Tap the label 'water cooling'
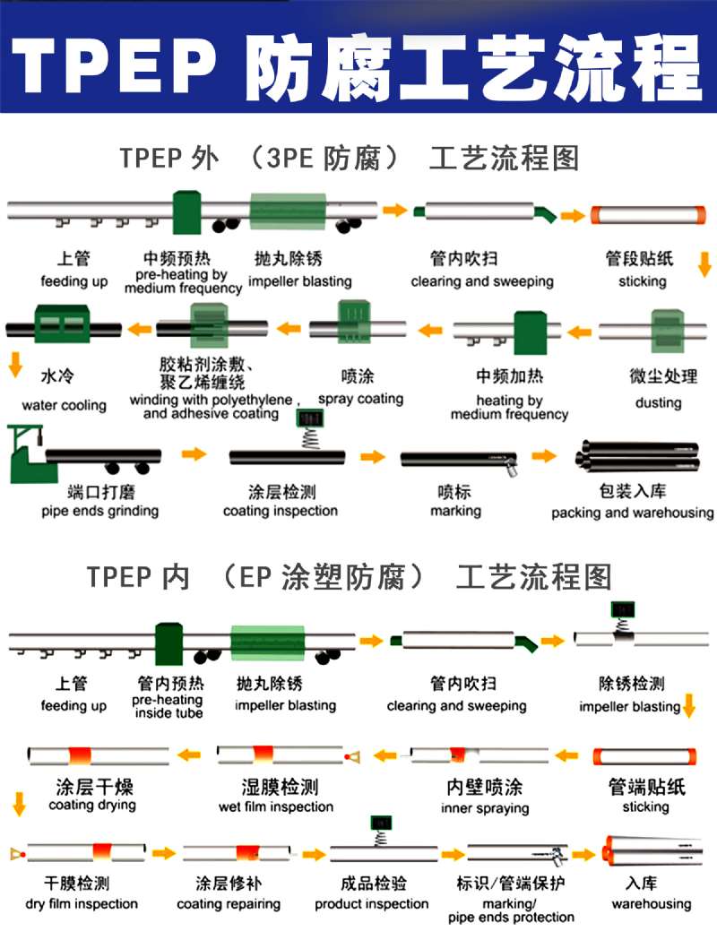tap(64, 405)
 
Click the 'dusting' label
tap(658, 402)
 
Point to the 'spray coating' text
tap(360, 399)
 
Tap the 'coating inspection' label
tap(281, 511)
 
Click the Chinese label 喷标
tap(454, 491)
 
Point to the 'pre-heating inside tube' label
tap(168, 706)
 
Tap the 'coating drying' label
tap(92, 805)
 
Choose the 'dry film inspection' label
tap(82, 904)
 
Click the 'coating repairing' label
tap(229, 904)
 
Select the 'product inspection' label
tap(371, 904)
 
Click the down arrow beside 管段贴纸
tap(704, 263)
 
